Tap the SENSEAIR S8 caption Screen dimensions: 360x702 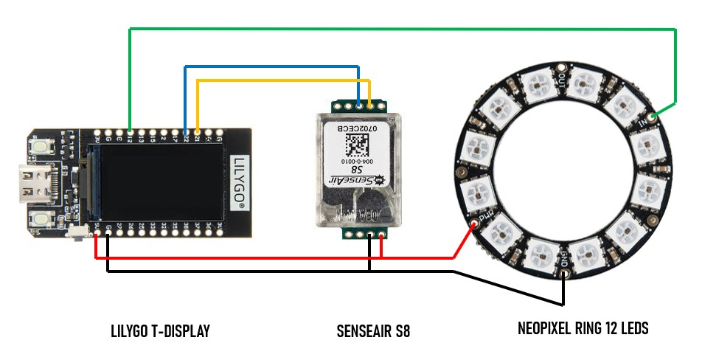point(372,331)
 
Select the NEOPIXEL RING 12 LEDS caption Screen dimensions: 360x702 point(583,328)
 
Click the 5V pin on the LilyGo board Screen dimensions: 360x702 point(96,236)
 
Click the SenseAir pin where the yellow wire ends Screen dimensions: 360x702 point(369,105)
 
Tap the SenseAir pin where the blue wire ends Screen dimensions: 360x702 point(358,105)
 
